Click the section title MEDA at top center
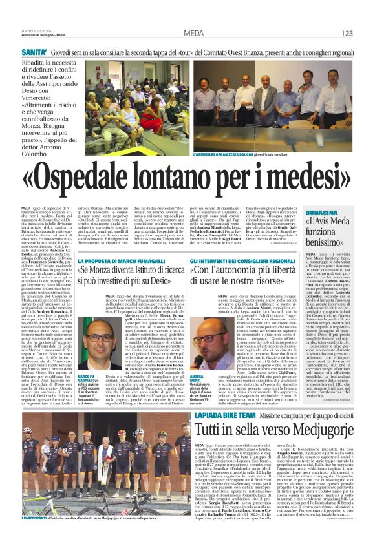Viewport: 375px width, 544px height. pos(193,34)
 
